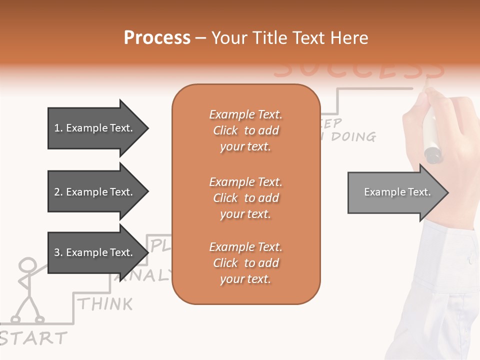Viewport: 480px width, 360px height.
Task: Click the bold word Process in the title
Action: coord(157,38)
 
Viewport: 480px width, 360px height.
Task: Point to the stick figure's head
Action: coord(27,265)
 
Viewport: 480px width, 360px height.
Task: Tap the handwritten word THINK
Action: coord(105,303)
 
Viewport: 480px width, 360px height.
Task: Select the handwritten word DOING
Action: coord(353,136)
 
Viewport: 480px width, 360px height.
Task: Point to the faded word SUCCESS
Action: coord(359,70)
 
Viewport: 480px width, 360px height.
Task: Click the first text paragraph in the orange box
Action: coord(245,130)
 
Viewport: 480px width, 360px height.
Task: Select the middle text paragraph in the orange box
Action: coord(245,198)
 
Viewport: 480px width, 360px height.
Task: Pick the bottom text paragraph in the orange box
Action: coord(245,263)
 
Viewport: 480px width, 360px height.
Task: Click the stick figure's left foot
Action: coord(15,318)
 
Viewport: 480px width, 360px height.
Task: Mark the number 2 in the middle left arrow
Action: coord(57,192)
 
